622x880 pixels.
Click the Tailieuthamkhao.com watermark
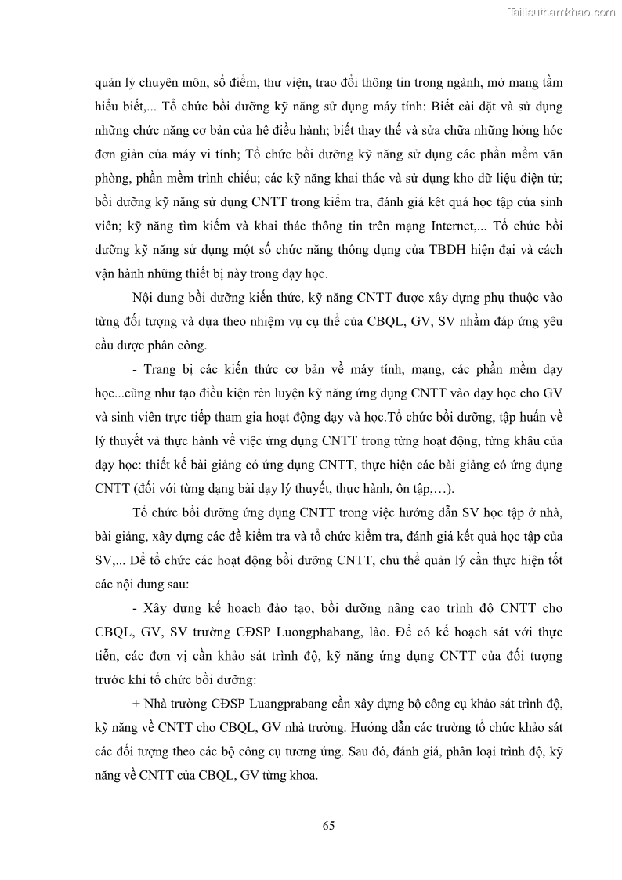point(562,12)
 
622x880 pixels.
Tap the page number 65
point(329,825)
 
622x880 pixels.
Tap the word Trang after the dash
point(161,369)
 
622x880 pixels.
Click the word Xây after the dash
point(159,608)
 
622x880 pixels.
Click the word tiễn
point(106,657)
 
